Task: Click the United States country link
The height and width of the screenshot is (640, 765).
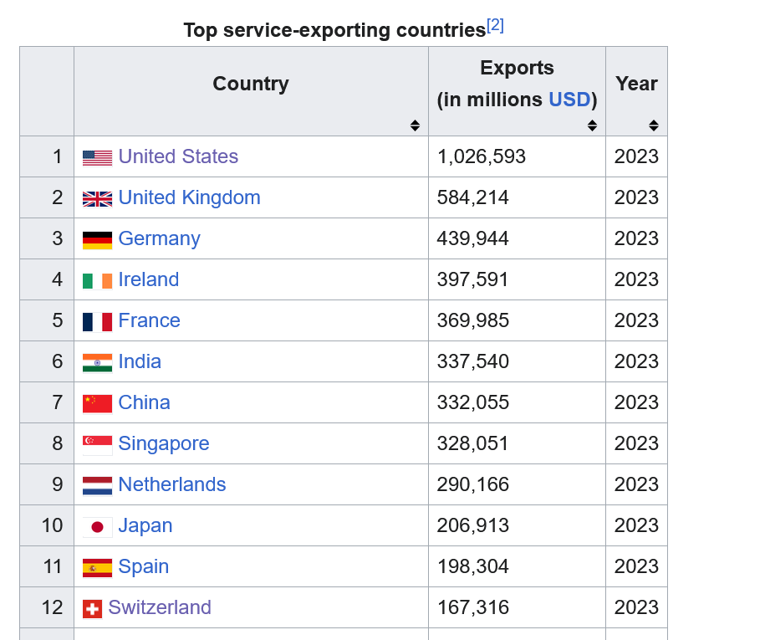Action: coord(178,156)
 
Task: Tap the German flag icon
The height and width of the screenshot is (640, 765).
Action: coord(97,240)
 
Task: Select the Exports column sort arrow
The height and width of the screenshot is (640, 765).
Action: coord(592,125)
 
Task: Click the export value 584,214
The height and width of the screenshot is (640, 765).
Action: coord(472,197)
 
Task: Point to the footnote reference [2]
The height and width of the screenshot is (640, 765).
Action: coord(495,25)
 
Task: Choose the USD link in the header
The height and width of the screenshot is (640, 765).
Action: coord(569,100)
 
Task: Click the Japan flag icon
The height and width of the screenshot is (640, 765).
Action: coord(97,527)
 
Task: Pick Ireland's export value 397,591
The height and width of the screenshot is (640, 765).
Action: coord(472,279)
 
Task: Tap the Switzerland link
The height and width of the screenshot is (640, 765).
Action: coord(160,607)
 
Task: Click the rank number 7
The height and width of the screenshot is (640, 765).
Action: coord(58,402)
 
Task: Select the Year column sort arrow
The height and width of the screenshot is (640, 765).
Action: coord(654,125)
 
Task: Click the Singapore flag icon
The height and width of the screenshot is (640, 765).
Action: coord(97,445)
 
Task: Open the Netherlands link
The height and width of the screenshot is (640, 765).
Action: coord(171,484)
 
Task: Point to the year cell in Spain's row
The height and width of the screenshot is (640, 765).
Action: coord(636,566)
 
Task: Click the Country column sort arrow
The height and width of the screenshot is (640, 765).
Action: coord(415,125)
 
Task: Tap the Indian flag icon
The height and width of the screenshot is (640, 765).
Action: coord(97,363)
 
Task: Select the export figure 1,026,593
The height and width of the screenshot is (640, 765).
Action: coord(481,156)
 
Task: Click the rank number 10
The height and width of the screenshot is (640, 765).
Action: coord(52,525)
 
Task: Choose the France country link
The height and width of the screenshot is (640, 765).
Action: coord(150,320)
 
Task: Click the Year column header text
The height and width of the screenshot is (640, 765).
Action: coord(636,84)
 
